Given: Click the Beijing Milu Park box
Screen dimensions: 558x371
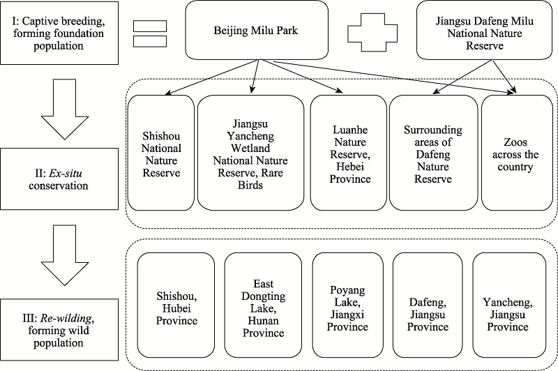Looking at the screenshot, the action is [257, 30].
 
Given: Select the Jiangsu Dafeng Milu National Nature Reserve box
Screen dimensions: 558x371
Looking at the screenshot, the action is [484, 30].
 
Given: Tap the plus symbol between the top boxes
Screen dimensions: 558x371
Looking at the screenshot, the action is [372, 33].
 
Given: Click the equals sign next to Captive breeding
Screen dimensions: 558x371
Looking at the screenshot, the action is [150, 33].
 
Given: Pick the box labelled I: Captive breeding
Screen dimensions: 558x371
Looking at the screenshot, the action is [59, 33].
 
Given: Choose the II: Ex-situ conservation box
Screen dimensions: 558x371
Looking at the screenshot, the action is [59, 179].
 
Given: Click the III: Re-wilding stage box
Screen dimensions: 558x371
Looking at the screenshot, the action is [59, 330].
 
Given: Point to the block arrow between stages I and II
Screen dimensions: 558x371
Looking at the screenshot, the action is [64, 109].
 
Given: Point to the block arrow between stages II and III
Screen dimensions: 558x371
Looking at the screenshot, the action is [64, 255].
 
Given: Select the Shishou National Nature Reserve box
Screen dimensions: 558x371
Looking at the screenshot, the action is [161, 153].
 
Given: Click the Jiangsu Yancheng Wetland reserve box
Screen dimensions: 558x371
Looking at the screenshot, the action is [250, 153].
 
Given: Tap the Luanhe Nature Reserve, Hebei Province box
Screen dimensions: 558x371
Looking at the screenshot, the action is [348, 153].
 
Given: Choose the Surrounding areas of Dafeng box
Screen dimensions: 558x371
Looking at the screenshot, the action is [433, 153].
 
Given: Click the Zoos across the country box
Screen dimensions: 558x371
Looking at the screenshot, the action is [519, 153].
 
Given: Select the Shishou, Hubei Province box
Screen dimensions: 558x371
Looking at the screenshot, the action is [176, 305].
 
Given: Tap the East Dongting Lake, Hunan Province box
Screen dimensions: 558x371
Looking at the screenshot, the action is [264, 305].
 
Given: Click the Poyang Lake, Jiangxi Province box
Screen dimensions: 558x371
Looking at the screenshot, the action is [348, 305].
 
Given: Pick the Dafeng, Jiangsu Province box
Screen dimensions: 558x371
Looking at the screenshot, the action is [428, 305].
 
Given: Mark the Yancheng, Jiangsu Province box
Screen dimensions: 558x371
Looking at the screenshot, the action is [509, 305].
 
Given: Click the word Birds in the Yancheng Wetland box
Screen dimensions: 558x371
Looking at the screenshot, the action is [250, 185].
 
